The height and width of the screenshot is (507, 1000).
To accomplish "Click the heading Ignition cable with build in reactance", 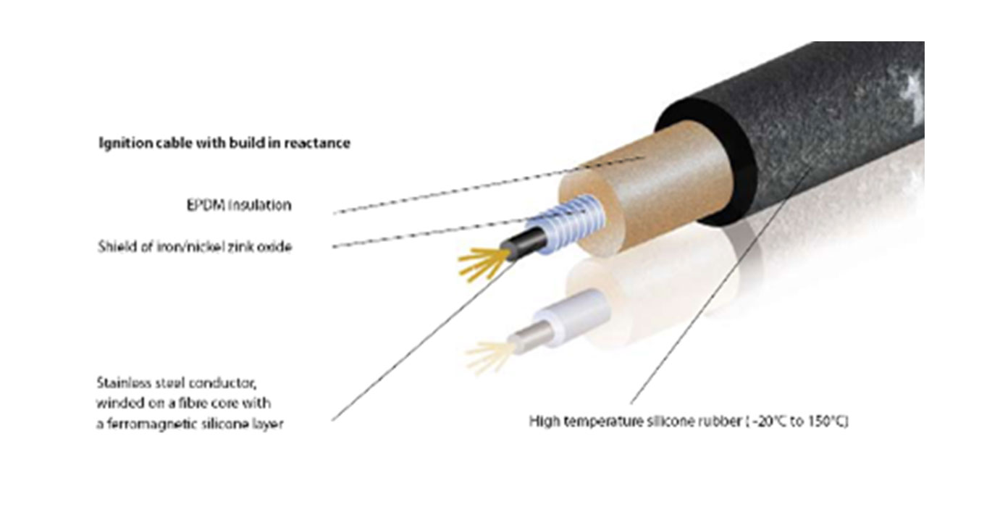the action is [x=224, y=143].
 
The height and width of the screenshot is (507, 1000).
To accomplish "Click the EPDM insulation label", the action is [x=239, y=205].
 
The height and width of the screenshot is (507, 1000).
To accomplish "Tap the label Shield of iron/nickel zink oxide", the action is [x=195, y=246].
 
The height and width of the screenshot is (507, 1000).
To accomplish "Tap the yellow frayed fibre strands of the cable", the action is [x=483, y=264].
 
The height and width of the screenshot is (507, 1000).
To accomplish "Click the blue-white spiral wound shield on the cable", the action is [x=567, y=225].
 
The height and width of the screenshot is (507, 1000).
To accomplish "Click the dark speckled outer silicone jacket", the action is [x=799, y=130].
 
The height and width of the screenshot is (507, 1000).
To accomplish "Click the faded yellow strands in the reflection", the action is [x=486, y=356].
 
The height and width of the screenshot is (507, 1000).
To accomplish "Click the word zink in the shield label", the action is [x=241, y=246].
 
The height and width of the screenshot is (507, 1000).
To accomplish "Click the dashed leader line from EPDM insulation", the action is [x=488, y=185].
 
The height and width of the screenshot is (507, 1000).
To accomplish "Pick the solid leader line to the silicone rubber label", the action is [x=720, y=286].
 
